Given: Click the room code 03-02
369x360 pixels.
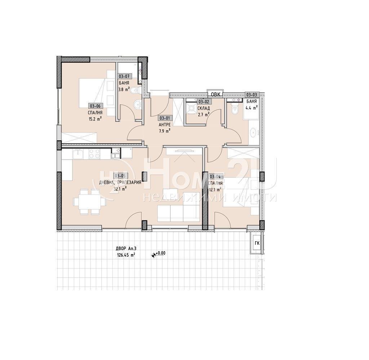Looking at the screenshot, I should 203,102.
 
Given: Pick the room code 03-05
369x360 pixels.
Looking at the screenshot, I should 120,176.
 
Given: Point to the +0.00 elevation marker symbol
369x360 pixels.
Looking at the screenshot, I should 154,254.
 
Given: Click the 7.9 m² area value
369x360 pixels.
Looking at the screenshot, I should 164,131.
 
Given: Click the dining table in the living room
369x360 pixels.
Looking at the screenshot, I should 86,202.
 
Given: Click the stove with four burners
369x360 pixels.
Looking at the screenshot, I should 95,154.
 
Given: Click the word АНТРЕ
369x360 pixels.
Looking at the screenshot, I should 164,125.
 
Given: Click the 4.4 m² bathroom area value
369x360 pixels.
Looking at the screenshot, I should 252,107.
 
